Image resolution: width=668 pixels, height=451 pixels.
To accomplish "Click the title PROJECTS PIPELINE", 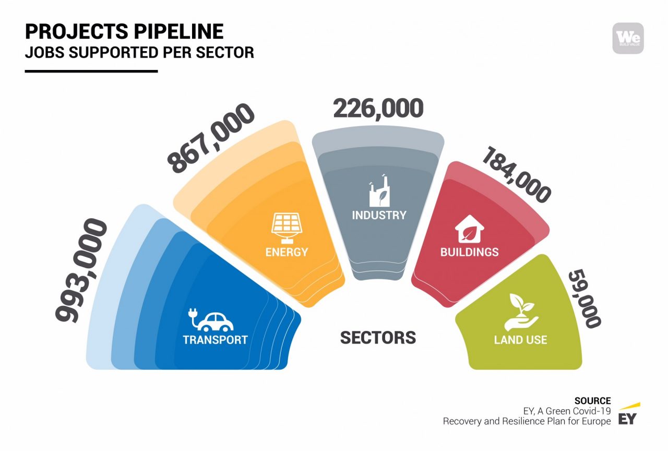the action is click(x=124, y=31).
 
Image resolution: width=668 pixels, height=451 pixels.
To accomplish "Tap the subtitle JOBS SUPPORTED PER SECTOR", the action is click(x=139, y=53).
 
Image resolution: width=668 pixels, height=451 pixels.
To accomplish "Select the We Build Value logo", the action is click(x=628, y=39).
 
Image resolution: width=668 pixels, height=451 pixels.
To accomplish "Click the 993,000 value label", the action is click(x=81, y=270).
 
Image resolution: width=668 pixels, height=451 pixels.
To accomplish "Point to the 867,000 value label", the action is click(x=210, y=138).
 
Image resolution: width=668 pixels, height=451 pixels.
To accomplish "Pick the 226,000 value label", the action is click(x=378, y=108).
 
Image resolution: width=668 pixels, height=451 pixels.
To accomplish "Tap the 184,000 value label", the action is click(x=517, y=175).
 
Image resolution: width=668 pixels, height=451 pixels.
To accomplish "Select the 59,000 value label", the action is click(x=584, y=299).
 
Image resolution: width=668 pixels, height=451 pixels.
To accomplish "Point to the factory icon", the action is click(x=379, y=191).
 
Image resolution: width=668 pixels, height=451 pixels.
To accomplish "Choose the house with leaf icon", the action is click(x=469, y=229).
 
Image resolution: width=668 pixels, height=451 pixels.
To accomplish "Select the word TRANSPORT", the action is click(x=216, y=340).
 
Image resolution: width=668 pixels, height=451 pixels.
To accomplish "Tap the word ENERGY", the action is click(x=287, y=252).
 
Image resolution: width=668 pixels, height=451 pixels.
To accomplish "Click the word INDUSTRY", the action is click(x=379, y=216).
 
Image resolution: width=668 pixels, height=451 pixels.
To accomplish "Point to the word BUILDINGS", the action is click(x=469, y=252).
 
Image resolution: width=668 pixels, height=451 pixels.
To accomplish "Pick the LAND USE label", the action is click(x=520, y=340).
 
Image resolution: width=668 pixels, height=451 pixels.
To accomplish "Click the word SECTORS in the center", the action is click(x=378, y=338).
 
